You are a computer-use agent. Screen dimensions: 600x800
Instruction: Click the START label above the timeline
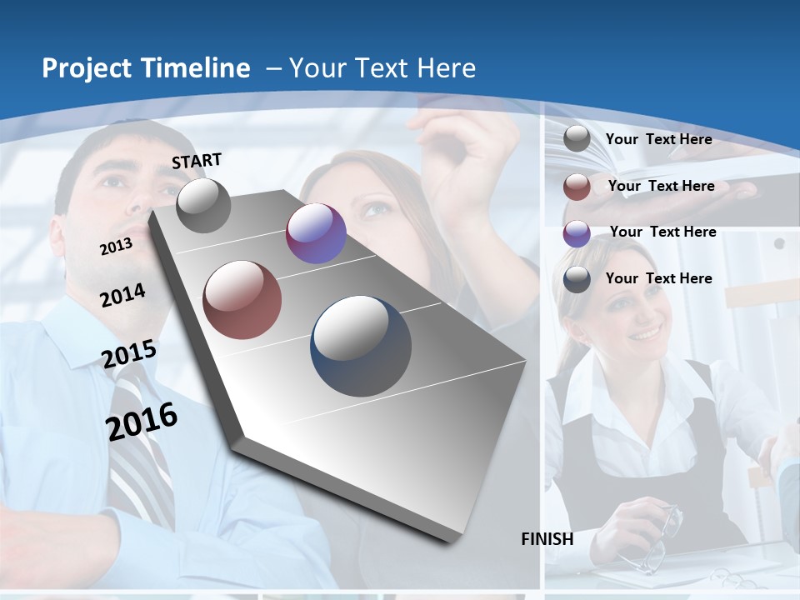pyautogui.click(x=197, y=161)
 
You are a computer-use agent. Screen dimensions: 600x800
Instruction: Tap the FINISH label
pyautogui.click(x=547, y=539)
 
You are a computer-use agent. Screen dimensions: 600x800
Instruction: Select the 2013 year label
pyautogui.click(x=116, y=247)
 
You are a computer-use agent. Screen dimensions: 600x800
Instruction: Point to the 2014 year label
pyautogui.click(x=122, y=296)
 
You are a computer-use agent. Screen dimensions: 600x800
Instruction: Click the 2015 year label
pyautogui.click(x=128, y=354)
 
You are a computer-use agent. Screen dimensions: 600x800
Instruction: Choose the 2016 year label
pyautogui.click(x=142, y=421)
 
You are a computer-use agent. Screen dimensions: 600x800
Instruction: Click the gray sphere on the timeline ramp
pyautogui.click(x=203, y=205)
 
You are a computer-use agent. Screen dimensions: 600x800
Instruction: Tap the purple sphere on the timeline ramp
pyautogui.click(x=316, y=233)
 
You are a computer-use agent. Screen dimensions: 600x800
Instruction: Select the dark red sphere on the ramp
pyautogui.click(x=242, y=300)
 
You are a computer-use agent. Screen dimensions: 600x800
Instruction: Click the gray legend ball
pyautogui.click(x=577, y=139)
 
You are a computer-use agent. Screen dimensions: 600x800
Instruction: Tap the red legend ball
pyautogui.click(x=577, y=187)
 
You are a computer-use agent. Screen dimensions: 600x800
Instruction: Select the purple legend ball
pyautogui.click(x=577, y=233)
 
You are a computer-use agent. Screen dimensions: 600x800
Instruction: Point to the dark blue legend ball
pyautogui.click(x=577, y=280)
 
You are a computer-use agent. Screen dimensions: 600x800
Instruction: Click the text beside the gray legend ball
pyautogui.click(x=658, y=139)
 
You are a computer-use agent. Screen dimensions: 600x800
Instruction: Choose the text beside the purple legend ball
pyautogui.click(x=662, y=232)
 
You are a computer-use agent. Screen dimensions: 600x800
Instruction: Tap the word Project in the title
pyautogui.click(x=85, y=68)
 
